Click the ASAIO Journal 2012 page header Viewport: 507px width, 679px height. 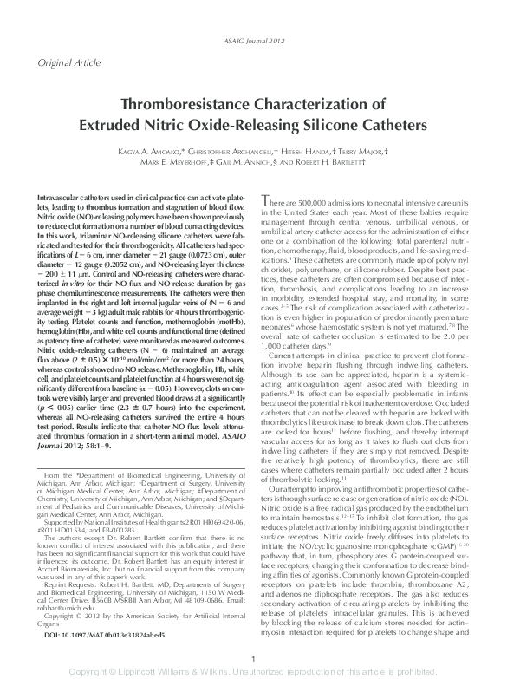(253, 18)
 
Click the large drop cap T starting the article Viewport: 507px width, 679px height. (267, 203)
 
